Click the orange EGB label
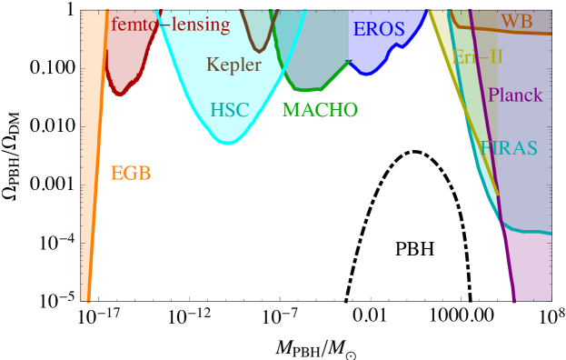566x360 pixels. point(130,173)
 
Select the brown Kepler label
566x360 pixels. point(233,65)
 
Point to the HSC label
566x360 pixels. point(229,111)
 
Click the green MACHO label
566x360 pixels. point(320,111)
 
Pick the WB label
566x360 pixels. point(516,20)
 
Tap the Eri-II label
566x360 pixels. point(478,57)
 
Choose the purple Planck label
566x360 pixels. point(514,95)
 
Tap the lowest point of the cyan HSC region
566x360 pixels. point(229,143)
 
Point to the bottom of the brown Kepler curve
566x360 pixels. point(260,51)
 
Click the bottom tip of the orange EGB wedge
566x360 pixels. point(86,299)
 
